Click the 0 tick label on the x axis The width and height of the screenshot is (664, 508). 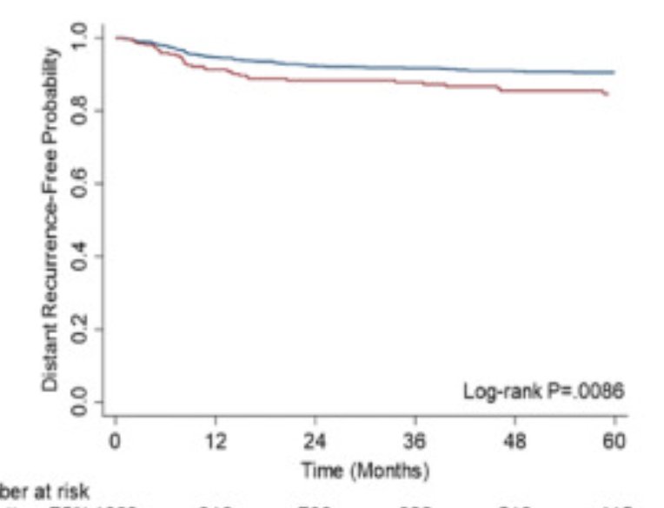click(x=116, y=442)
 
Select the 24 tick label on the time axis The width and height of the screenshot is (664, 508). click(x=315, y=442)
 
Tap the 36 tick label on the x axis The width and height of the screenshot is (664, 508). click(x=415, y=442)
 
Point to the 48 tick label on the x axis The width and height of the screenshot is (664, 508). click(x=515, y=442)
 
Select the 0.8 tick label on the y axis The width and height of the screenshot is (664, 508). click(x=79, y=110)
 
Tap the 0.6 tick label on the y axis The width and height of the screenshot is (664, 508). click(x=79, y=184)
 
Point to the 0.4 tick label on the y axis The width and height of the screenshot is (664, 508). click(x=79, y=257)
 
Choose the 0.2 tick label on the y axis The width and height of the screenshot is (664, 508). click(x=79, y=330)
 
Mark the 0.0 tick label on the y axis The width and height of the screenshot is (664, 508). click(x=79, y=403)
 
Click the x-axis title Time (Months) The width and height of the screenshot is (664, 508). click(x=365, y=471)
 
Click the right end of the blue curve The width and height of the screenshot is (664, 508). click(x=614, y=72)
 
